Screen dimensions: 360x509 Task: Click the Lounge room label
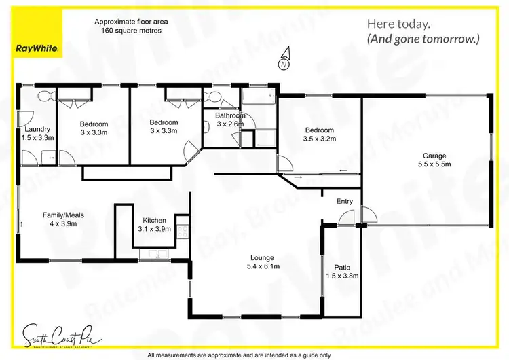coord(261,257)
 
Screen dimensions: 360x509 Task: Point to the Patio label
coord(341,268)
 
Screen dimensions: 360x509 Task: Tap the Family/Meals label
coord(63,215)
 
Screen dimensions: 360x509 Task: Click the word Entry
coord(345,201)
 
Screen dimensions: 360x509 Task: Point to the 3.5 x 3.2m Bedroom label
coord(319,130)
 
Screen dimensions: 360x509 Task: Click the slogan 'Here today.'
coord(398,24)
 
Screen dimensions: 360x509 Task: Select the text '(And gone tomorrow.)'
coord(423,39)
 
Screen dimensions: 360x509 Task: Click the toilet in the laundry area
coord(42,96)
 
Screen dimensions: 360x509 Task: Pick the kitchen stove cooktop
coord(182,231)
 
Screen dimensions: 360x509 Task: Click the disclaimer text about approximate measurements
coord(238,355)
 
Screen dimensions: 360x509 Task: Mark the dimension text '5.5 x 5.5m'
coord(434,164)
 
